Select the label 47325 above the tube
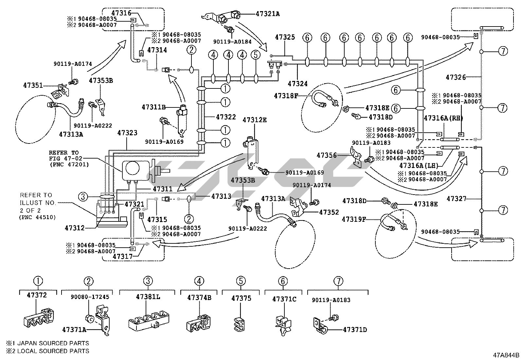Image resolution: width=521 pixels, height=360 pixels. tap(285, 37)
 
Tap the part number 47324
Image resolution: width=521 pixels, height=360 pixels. tap(297, 84)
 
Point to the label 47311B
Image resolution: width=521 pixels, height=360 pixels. tap(154, 107)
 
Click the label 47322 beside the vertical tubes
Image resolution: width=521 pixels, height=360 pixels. tap(226, 117)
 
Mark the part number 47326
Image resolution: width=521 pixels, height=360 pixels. tap(456, 77)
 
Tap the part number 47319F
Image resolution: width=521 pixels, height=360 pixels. tap(354, 219)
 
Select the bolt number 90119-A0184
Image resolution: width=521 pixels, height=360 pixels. tap(228, 42)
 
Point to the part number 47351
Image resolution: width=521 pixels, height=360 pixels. tap(33, 85)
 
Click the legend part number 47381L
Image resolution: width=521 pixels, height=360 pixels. tap(148, 296)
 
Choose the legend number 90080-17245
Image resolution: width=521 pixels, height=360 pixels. tap(90, 297)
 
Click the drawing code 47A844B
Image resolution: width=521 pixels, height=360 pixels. tap(506, 355)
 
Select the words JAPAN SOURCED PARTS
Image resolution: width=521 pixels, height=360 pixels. tap(52, 343)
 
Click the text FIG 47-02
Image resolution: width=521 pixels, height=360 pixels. tap(64, 158)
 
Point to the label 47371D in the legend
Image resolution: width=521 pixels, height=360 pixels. tap(355, 330)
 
